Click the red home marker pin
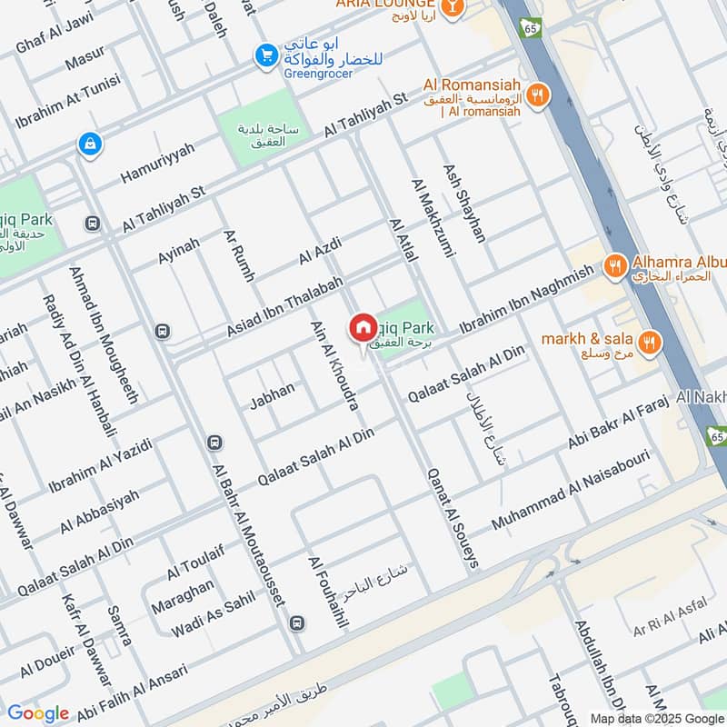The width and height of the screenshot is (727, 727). point(363,326)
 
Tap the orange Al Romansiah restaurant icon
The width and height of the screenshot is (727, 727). point(539,94)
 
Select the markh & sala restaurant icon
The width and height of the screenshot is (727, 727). point(649,342)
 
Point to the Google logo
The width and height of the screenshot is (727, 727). point(37,713)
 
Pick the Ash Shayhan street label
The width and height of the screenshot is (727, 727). point(463,203)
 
